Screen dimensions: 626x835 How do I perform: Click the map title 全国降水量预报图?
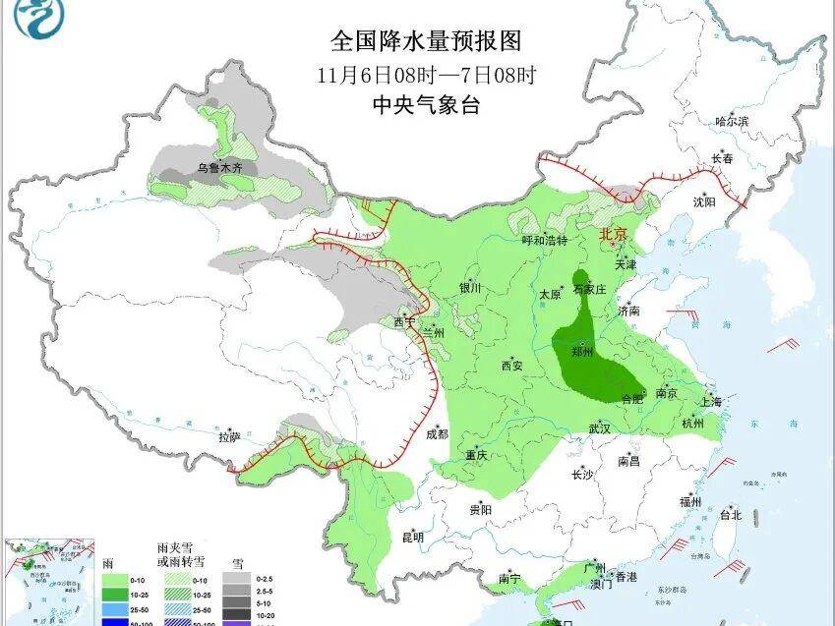(x=425, y=41)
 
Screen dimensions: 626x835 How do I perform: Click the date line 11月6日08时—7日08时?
(x=426, y=75)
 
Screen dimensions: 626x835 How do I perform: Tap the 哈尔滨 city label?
(x=732, y=122)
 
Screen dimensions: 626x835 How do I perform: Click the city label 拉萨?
(x=229, y=437)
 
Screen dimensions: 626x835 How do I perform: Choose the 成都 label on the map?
(x=437, y=433)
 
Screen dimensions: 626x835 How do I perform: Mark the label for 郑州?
(x=582, y=351)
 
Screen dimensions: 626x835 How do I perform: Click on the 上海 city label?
(x=711, y=402)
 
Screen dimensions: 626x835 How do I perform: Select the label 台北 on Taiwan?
(x=730, y=514)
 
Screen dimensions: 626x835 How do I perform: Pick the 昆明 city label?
(x=413, y=538)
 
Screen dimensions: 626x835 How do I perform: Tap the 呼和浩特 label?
(x=544, y=241)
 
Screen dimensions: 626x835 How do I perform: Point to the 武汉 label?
(x=600, y=428)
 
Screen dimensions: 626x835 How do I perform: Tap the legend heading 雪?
(x=237, y=563)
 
